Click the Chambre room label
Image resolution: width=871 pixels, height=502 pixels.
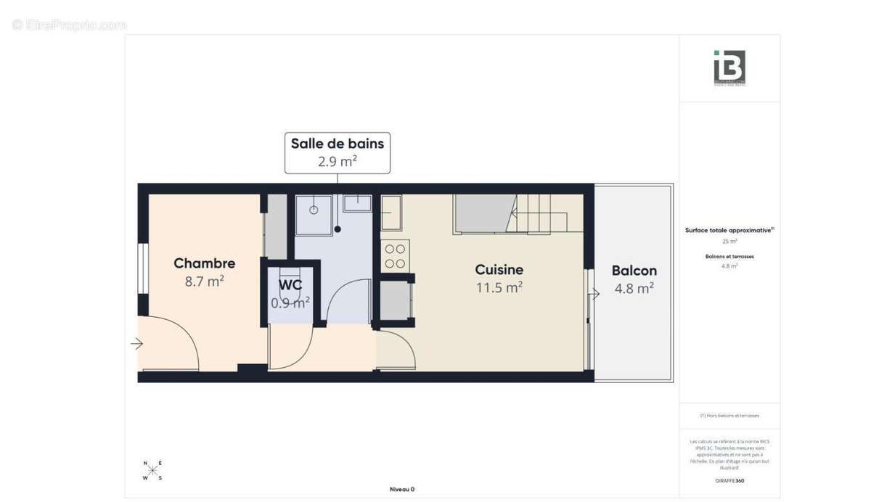click(x=204, y=263)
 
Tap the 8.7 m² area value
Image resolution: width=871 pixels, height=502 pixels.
click(x=204, y=281)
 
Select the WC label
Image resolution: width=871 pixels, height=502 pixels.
click(x=290, y=285)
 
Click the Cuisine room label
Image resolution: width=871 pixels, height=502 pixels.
click(x=499, y=270)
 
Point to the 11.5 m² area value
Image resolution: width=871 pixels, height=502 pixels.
click(x=499, y=287)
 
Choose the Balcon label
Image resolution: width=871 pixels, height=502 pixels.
click(x=634, y=271)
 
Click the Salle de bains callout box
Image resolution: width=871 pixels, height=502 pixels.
click(x=338, y=152)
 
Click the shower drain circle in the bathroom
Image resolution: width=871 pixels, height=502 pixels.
click(x=314, y=210)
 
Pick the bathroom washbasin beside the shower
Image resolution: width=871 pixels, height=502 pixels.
click(x=357, y=202)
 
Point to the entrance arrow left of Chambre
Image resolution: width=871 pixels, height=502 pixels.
click(x=136, y=344)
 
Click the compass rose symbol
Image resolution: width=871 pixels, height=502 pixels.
click(x=152, y=470)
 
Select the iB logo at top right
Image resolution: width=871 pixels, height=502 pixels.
click(x=729, y=68)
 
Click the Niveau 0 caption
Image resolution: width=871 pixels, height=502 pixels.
click(x=401, y=489)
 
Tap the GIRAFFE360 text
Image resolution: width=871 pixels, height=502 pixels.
click(x=729, y=481)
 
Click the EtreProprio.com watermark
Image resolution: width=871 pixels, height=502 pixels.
click(x=69, y=25)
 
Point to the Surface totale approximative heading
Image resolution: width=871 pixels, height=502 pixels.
click(x=729, y=230)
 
